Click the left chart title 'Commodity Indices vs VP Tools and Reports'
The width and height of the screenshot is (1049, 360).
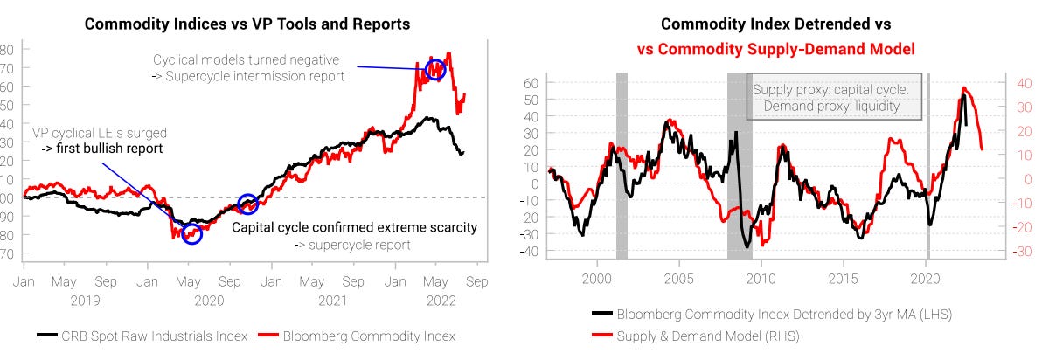click(247, 24)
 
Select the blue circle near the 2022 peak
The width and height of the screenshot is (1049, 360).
click(434, 71)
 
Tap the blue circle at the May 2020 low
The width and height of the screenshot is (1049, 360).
click(192, 233)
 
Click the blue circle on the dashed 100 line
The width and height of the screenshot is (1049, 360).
click(248, 204)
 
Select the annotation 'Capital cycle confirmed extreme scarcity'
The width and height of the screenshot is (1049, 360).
click(354, 227)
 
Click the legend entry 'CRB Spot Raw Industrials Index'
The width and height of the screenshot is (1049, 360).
click(145, 336)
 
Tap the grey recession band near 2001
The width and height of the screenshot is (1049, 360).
click(622, 166)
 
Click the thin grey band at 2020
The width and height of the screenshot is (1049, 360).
click(927, 166)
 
